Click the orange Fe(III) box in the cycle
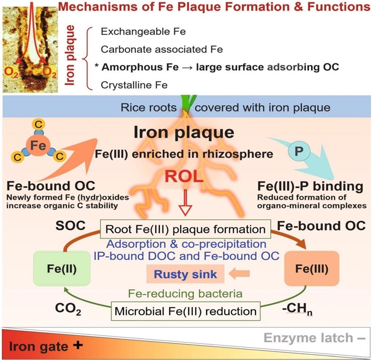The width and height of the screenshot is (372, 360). [x=320, y=266]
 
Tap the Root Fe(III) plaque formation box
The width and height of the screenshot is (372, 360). [x=185, y=230]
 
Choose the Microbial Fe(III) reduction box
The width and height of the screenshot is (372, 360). [x=185, y=309]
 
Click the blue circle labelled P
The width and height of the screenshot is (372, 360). [x=297, y=152]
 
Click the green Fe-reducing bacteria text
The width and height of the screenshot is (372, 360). [x=185, y=292]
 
